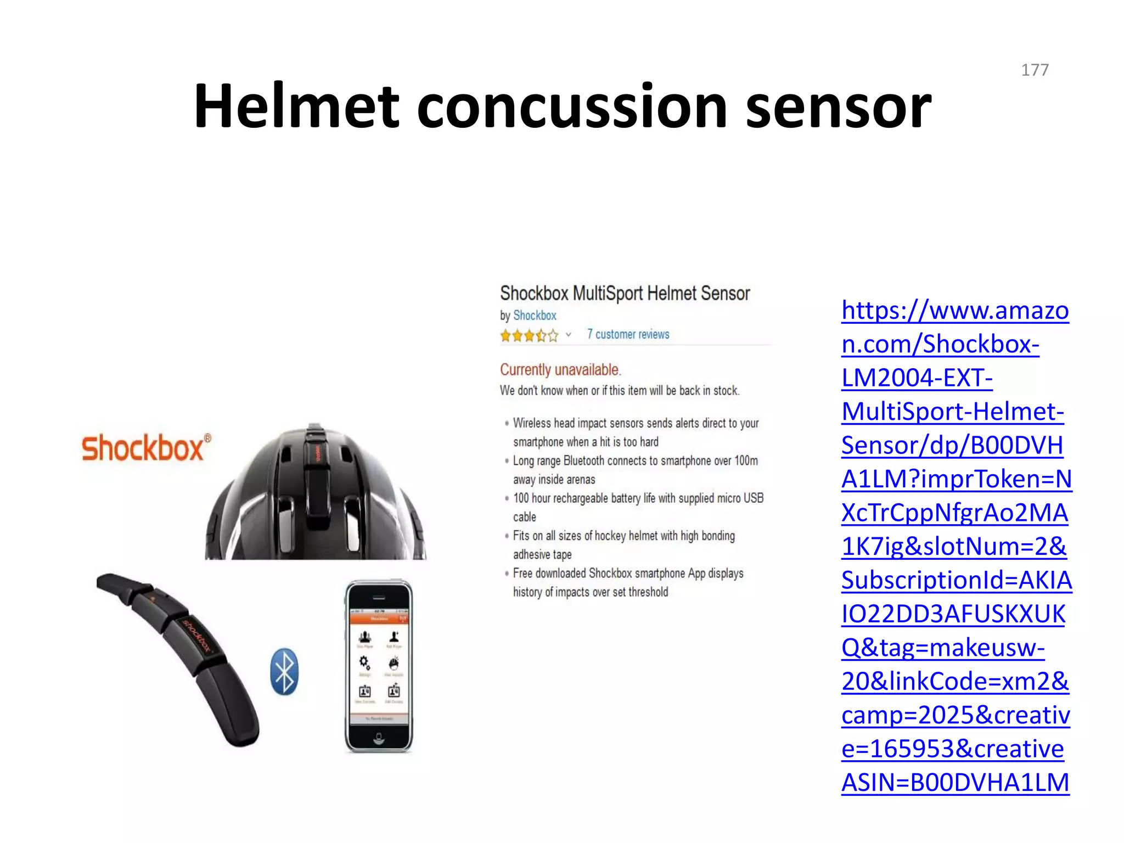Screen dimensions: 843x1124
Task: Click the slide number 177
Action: tap(1035, 70)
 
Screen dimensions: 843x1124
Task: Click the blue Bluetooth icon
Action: tap(284, 671)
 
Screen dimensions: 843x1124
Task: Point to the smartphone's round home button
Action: tap(379, 738)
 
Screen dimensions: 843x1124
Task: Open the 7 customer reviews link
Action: tap(628, 334)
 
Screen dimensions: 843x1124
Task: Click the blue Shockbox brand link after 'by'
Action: tap(535, 316)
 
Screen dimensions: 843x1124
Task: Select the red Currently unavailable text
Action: tap(560, 370)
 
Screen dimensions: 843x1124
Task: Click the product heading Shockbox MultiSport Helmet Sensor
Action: tap(625, 294)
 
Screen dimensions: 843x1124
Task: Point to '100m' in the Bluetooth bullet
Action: tap(746, 460)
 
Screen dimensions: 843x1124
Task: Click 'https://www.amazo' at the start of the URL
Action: tap(955, 311)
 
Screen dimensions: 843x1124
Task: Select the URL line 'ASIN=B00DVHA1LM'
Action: tap(955, 783)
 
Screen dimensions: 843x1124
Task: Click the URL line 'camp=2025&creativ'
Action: tap(956, 715)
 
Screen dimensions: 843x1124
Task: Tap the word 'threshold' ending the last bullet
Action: tap(648, 592)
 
